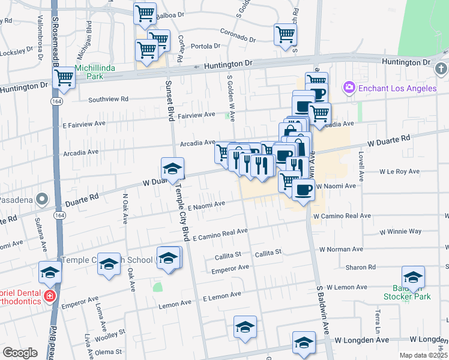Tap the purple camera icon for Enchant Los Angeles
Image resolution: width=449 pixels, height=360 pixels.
click(x=349, y=89)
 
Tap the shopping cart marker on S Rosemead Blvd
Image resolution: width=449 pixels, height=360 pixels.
click(x=64, y=77)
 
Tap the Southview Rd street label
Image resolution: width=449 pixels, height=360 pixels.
click(x=108, y=99)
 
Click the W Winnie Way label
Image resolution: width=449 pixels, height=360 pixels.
click(x=400, y=231)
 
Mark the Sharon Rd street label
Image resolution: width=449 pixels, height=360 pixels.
click(x=364, y=267)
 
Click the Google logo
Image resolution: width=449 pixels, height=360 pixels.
click(x=20, y=353)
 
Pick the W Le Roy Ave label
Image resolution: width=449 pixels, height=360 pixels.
click(x=399, y=172)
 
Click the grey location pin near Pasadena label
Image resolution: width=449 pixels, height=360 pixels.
click(x=41, y=198)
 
